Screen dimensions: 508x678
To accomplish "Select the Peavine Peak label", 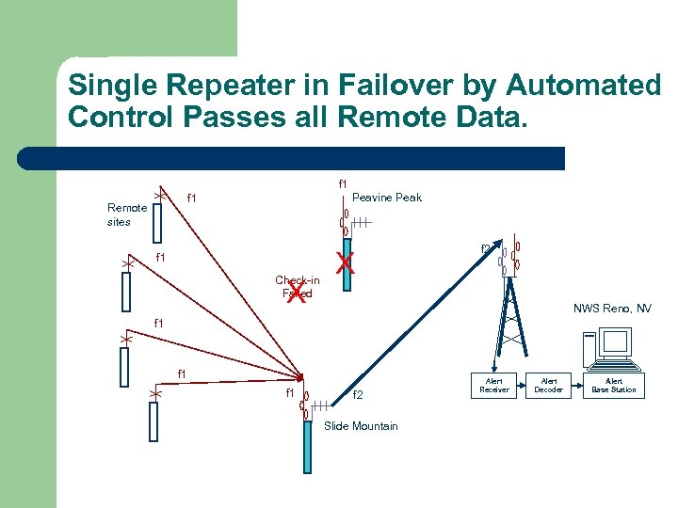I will [386, 198].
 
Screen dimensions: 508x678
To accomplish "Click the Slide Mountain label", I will [361, 426].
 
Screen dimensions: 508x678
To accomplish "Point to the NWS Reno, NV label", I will [612, 309].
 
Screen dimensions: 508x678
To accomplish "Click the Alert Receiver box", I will [494, 385].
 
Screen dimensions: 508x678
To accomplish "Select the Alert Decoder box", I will [549, 385].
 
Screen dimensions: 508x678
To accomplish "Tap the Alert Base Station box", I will [614, 385].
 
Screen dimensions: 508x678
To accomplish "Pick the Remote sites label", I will [127, 214].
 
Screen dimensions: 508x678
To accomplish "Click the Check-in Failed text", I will [297, 280].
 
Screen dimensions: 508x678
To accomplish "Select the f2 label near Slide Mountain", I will [358, 395].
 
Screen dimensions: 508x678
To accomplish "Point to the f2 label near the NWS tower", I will [486, 249].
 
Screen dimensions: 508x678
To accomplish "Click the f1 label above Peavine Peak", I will [343, 183].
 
